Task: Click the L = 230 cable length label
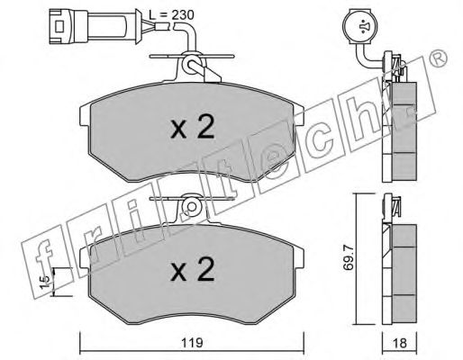(x=171, y=14)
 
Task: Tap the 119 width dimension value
(x=192, y=343)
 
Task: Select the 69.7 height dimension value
(x=349, y=257)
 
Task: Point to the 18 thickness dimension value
(x=399, y=343)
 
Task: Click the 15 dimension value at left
(x=45, y=282)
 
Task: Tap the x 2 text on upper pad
(x=193, y=127)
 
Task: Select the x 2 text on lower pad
(x=193, y=269)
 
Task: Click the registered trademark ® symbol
(x=439, y=58)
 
